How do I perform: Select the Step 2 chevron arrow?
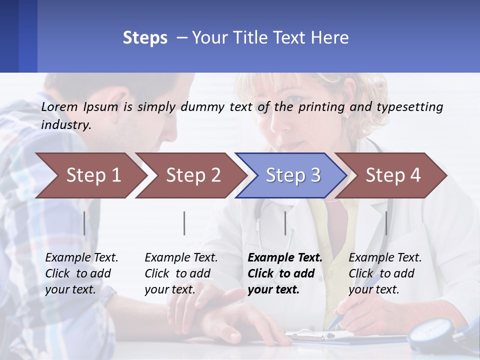point(193,175)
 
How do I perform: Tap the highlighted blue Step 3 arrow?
point(293,175)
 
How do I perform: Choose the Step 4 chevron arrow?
point(393,175)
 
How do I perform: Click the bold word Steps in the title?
point(145,38)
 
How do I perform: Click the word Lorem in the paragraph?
point(59,107)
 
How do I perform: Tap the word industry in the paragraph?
point(66,125)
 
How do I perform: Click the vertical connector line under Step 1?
point(84,223)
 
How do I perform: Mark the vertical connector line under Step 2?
point(184,223)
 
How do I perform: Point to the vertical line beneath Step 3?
point(285,223)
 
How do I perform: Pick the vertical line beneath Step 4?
point(386,223)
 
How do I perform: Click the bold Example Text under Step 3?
point(285,258)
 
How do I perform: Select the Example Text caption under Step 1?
point(81,258)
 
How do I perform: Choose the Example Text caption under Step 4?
point(385,258)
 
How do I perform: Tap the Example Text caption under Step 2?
point(181,258)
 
